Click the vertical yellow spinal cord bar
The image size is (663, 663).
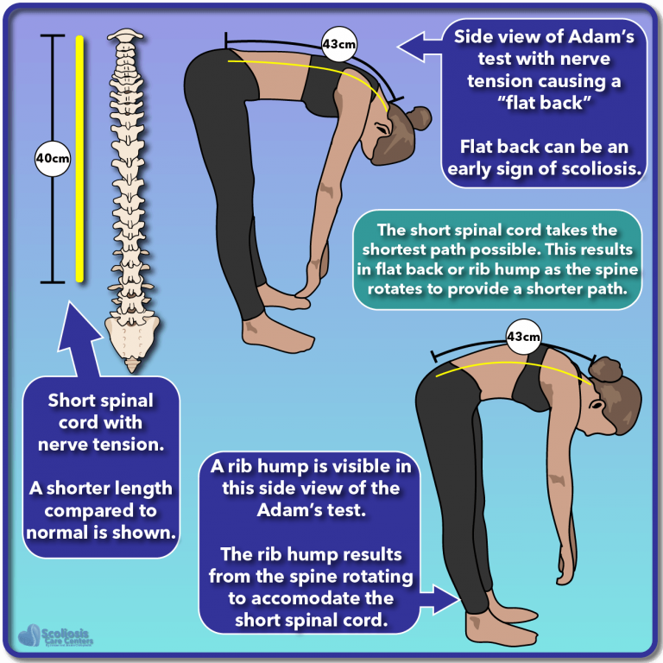(x=79, y=159)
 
